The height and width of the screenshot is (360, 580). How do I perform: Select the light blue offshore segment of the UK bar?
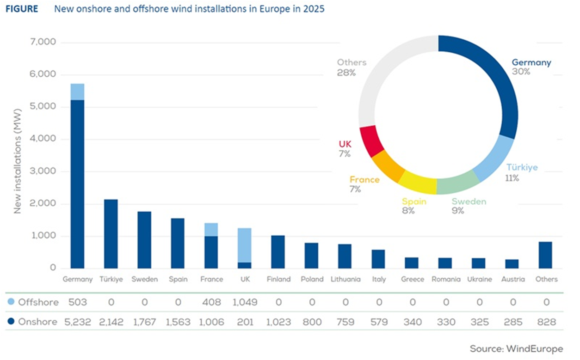tap(244, 245)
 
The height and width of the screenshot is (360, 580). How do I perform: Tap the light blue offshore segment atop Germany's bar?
tap(77, 92)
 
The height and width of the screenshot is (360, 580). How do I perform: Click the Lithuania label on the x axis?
tap(346, 279)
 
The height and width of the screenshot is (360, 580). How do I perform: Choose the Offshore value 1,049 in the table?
tap(244, 303)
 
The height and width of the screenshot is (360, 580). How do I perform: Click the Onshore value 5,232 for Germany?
tap(77, 322)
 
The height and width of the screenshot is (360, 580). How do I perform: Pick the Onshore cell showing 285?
tap(512, 322)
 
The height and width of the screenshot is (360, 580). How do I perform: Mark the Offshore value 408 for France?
tap(211, 303)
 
